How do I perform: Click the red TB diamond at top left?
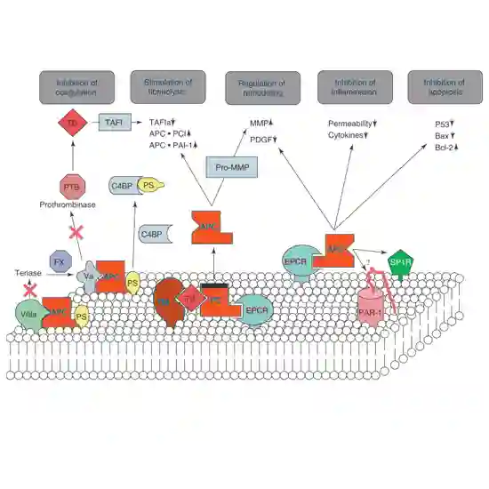[71, 124]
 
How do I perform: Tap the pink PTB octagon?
[71, 186]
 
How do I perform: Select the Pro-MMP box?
[231, 166]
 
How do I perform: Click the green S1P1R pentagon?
[402, 263]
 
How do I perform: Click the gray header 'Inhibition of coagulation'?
[76, 87]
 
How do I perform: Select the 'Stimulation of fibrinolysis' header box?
[168, 87]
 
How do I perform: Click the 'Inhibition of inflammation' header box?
[349, 87]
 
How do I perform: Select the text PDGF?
[260, 139]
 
